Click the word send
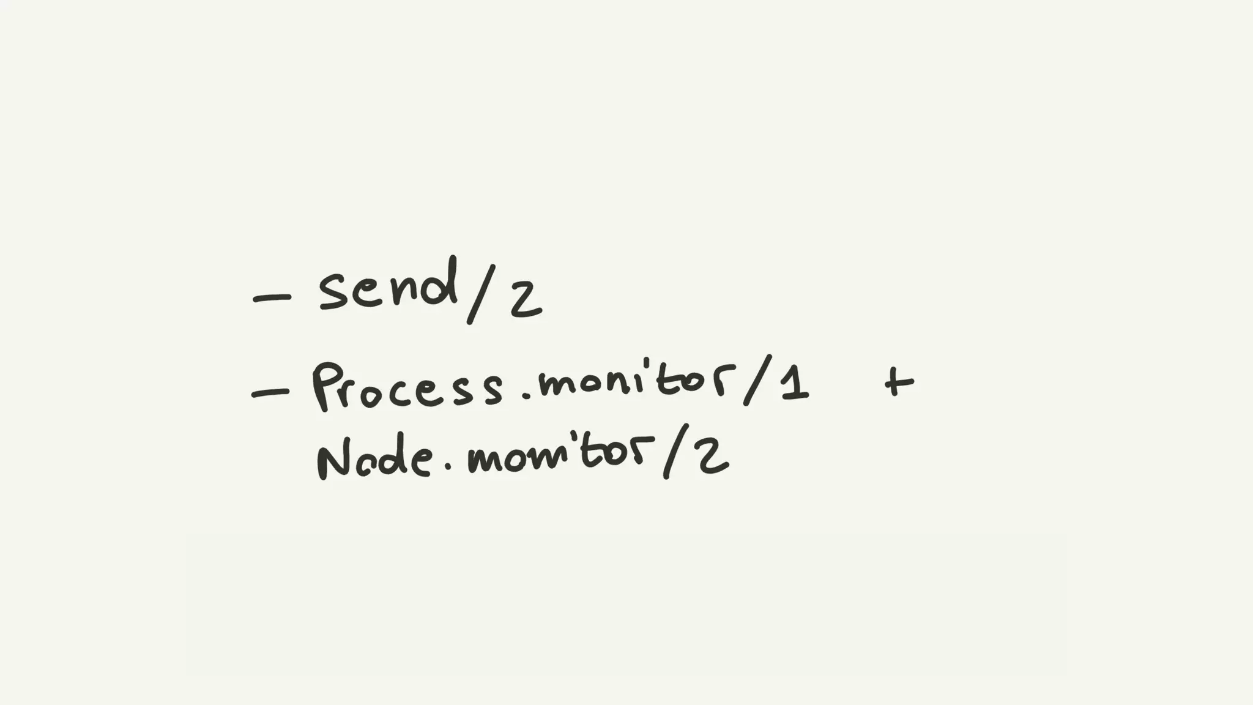(x=387, y=288)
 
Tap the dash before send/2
(x=272, y=298)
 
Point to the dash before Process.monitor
(x=270, y=393)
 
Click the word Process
(x=407, y=387)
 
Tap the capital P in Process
(x=327, y=386)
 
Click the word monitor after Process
(x=637, y=381)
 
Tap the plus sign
(x=898, y=382)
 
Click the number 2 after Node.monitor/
(x=713, y=458)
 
